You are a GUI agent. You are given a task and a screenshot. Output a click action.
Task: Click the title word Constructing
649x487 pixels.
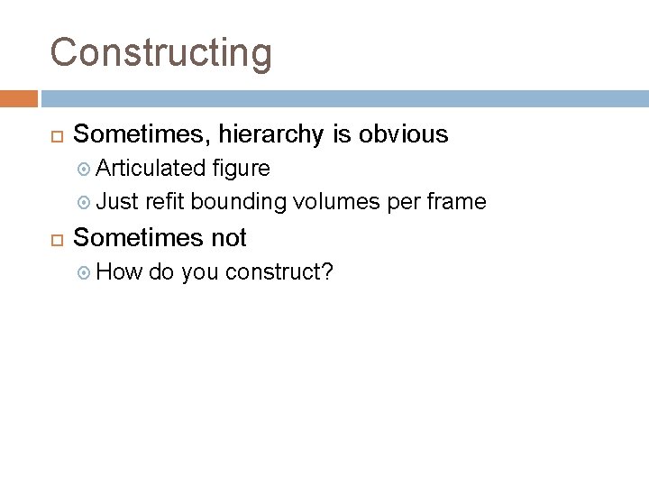click(160, 52)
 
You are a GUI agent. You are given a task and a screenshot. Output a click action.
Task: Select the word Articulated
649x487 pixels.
click(151, 168)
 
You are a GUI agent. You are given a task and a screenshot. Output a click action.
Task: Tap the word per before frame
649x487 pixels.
click(398, 203)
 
